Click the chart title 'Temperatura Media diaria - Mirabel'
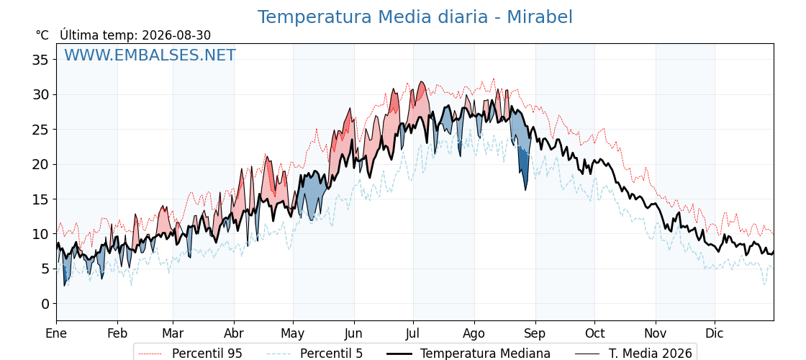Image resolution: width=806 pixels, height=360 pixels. click(415, 17)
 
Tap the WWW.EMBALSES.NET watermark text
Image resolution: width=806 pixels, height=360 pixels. click(150, 55)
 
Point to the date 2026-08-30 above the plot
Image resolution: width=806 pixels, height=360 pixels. click(176, 35)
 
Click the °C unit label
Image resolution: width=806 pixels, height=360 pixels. click(42, 35)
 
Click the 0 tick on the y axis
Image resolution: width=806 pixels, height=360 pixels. click(46, 303)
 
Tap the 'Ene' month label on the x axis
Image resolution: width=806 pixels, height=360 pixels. click(57, 333)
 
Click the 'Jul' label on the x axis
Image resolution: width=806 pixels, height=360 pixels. click(413, 333)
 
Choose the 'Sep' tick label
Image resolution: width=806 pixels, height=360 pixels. click(535, 333)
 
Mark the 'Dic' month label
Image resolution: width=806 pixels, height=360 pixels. click(715, 333)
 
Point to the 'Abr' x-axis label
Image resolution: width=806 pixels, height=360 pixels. click(234, 333)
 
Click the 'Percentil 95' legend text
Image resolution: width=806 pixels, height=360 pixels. click(207, 354)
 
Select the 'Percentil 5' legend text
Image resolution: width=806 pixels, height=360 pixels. click(331, 354)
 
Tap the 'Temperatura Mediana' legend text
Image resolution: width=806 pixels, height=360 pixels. click(485, 354)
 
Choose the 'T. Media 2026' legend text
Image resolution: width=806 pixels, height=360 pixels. click(651, 354)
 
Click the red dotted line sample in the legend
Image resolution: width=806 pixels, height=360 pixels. click(150, 354)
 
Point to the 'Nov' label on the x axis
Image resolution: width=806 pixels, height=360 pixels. click(656, 333)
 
